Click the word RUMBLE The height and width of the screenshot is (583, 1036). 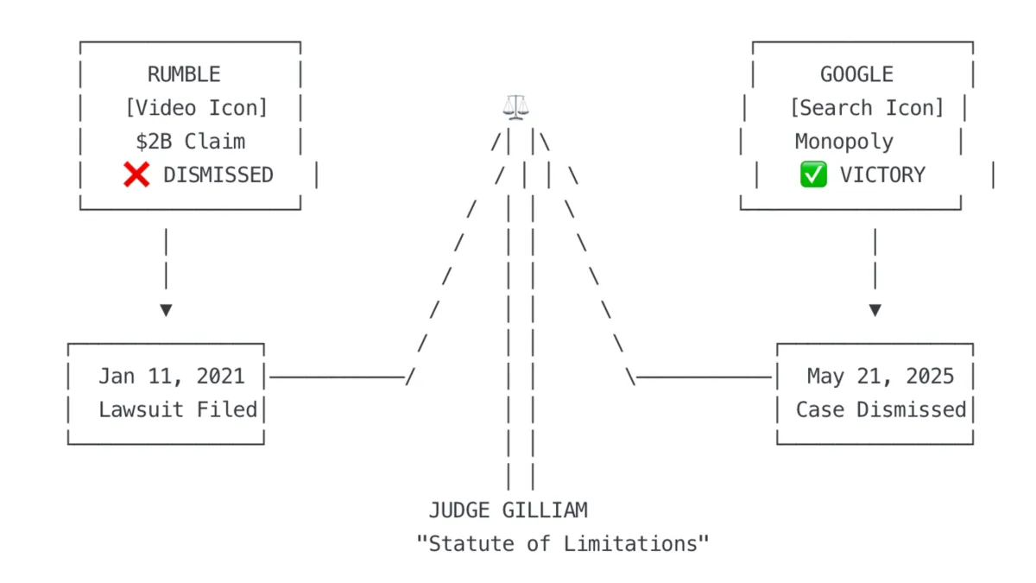tap(184, 75)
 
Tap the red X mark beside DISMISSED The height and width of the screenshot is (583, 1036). tap(136, 175)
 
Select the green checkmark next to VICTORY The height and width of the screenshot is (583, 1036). tap(813, 175)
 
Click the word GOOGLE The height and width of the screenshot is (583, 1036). tap(856, 75)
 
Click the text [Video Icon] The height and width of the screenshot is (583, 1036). tap(196, 108)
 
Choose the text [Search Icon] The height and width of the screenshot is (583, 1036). tap(866, 108)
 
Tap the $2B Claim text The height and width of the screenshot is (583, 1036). tap(190, 142)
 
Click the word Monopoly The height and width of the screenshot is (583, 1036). tap(843, 142)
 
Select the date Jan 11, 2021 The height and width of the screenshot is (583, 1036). tap(171, 377)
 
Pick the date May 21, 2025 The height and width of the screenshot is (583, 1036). tap(881, 377)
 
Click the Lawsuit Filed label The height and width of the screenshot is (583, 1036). tap(178, 409)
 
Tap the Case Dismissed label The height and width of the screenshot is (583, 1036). tap(881, 409)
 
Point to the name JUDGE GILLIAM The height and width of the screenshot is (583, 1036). tap(508, 510)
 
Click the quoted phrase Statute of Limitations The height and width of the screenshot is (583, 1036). tap(563, 544)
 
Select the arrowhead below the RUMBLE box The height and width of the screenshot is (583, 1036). tap(166, 310)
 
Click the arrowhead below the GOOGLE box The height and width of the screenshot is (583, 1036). tap(875, 310)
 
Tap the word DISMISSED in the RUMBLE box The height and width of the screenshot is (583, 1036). tap(218, 175)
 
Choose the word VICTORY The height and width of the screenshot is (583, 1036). tap(881, 175)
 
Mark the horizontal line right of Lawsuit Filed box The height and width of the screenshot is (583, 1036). tap(337, 377)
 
